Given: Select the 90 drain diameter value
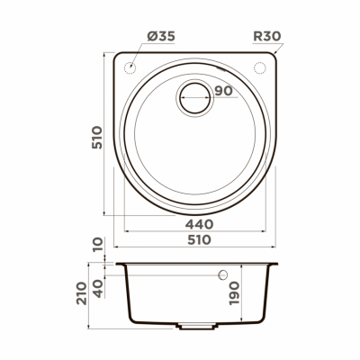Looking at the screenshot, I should click(224, 89).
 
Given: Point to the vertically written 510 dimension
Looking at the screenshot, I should click(98, 138).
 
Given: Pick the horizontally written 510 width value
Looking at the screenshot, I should click(199, 240).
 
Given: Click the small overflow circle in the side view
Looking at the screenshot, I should click(223, 273).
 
